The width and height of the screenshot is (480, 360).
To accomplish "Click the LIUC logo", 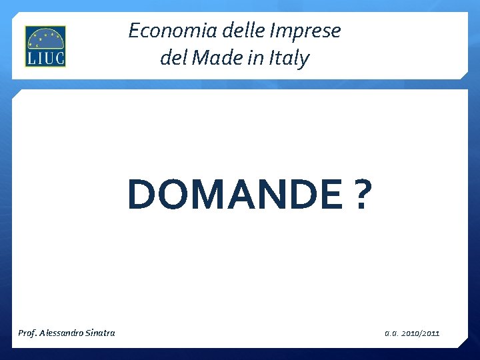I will click(45, 47).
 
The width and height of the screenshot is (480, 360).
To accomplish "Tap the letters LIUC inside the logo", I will click(45, 57).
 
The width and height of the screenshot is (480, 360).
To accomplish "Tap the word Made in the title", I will click(215, 59).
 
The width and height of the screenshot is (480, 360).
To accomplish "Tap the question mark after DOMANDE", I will click(360, 195).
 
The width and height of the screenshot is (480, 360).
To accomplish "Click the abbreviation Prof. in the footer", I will click(27, 333).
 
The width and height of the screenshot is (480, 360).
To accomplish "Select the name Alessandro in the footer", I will click(61, 333).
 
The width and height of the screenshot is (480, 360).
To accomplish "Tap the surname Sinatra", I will click(101, 333).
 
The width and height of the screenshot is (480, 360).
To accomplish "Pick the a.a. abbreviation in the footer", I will click(391, 333).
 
